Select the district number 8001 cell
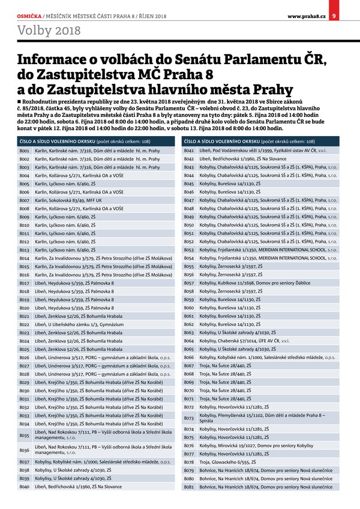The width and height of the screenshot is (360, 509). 24,150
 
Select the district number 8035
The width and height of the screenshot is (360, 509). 24,435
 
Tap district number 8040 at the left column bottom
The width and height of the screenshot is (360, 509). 24,487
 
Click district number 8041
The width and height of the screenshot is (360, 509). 188,150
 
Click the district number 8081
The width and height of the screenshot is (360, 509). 188,487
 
